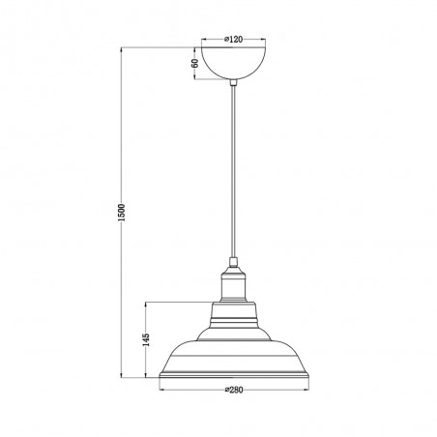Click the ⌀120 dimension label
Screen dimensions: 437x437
[233, 40]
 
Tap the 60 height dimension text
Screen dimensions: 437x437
[194, 63]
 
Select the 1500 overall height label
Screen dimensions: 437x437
[121, 213]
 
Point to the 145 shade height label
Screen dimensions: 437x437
[146, 339]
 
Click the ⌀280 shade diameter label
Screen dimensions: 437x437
[234, 390]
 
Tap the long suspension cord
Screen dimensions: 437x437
[233, 171]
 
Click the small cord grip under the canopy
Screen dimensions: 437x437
[233, 82]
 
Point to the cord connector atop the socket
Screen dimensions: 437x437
[233, 262]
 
